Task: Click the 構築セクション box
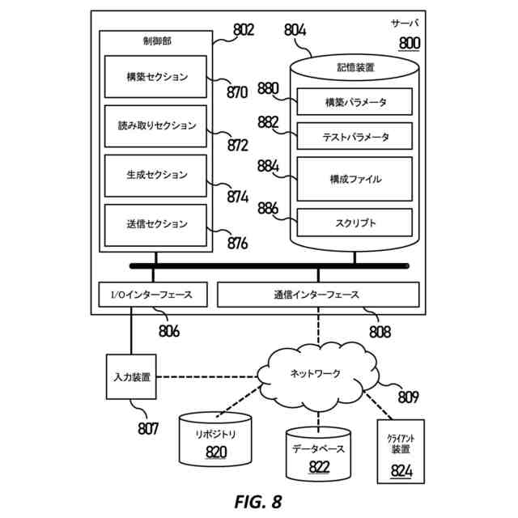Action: point(157,77)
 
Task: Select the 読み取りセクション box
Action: point(157,126)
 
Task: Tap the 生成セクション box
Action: point(157,175)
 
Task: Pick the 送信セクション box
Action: point(157,224)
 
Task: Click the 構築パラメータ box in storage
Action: point(355,102)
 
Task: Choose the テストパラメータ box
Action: point(355,137)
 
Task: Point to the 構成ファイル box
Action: point(355,179)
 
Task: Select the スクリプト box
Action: point(355,222)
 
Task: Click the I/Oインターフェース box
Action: point(152,295)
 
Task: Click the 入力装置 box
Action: point(129,377)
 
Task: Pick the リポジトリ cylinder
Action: point(215,441)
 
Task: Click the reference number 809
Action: point(408,397)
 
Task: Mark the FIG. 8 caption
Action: point(258,502)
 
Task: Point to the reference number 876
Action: point(237,242)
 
